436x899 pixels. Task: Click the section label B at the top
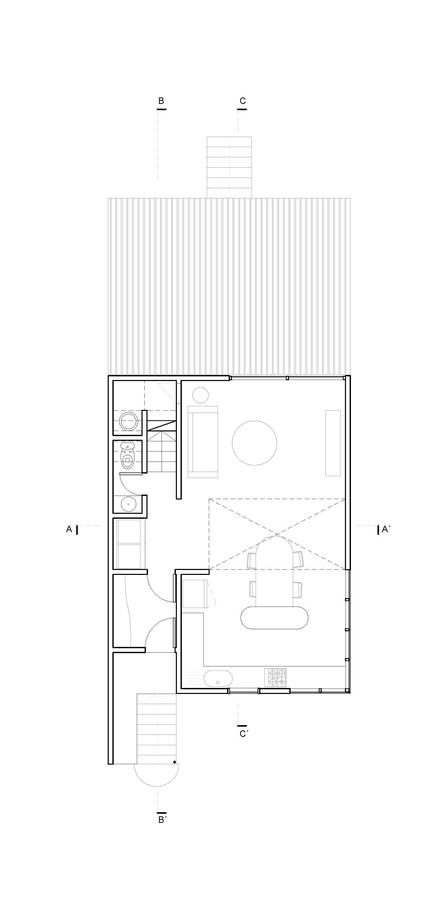(x=161, y=101)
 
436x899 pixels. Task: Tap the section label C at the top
(x=242, y=101)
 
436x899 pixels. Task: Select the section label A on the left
(x=69, y=529)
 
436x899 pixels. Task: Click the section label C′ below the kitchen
(x=243, y=734)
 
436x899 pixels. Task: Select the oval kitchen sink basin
(x=218, y=678)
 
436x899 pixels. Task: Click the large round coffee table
(x=254, y=443)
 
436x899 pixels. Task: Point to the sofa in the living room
(x=203, y=442)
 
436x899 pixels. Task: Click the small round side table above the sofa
(x=201, y=395)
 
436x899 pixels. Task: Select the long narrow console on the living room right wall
(x=333, y=443)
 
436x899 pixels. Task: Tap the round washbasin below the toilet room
(x=129, y=504)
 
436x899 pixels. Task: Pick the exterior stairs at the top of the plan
(x=229, y=167)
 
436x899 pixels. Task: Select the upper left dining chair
(x=252, y=560)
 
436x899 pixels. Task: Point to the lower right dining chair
(x=298, y=590)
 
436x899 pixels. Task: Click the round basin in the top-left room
(x=129, y=421)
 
